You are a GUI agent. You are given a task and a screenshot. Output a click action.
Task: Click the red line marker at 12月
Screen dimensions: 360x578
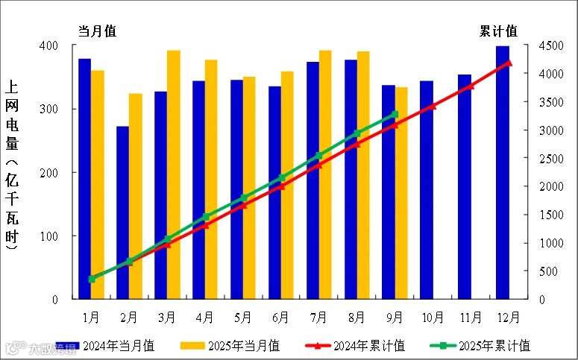(x=509, y=63)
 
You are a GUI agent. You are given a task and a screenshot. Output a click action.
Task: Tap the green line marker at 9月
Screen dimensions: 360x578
(x=395, y=115)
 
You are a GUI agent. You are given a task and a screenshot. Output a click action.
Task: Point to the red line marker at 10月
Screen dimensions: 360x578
(x=433, y=106)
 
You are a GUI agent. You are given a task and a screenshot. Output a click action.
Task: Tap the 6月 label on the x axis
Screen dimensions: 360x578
(x=281, y=317)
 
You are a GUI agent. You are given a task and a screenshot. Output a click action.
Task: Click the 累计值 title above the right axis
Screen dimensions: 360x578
(x=498, y=31)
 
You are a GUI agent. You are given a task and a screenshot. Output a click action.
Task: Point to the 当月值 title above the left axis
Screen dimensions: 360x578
(x=98, y=31)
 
